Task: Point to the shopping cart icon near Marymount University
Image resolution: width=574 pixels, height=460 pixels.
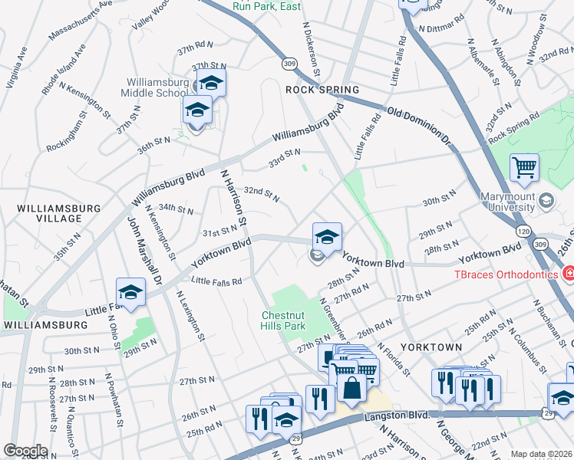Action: (x=524, y=167)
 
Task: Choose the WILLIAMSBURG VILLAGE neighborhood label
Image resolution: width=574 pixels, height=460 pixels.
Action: (x=59, y=213)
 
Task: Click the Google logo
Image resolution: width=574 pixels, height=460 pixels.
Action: (x=25, y=451)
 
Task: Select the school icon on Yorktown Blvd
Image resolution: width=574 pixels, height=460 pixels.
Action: (x=327, y=237)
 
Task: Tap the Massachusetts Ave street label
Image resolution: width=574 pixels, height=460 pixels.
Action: (x=80, y=21)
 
